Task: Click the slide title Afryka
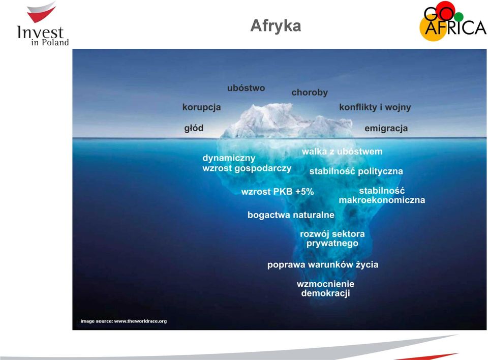(276, 26)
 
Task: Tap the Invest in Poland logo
(42, 24)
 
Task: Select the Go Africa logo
(452, 21)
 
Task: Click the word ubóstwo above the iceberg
(246, 88)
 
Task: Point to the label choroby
(310, 93)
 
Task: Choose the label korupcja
(201, 107)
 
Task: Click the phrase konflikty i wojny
(375, 107)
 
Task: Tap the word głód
(194, 128)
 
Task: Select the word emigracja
(386, 128)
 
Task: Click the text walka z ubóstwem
(342, 152)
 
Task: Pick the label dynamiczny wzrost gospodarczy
(247, 163)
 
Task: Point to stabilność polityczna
(356, 171)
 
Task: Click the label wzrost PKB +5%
(278, 192)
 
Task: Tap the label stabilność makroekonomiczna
(382, 195)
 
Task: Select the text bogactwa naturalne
(291, 215)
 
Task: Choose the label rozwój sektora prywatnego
(332, 238)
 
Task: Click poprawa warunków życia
(323, 265)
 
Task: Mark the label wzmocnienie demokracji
(325, 289)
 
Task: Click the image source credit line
(124, 321)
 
